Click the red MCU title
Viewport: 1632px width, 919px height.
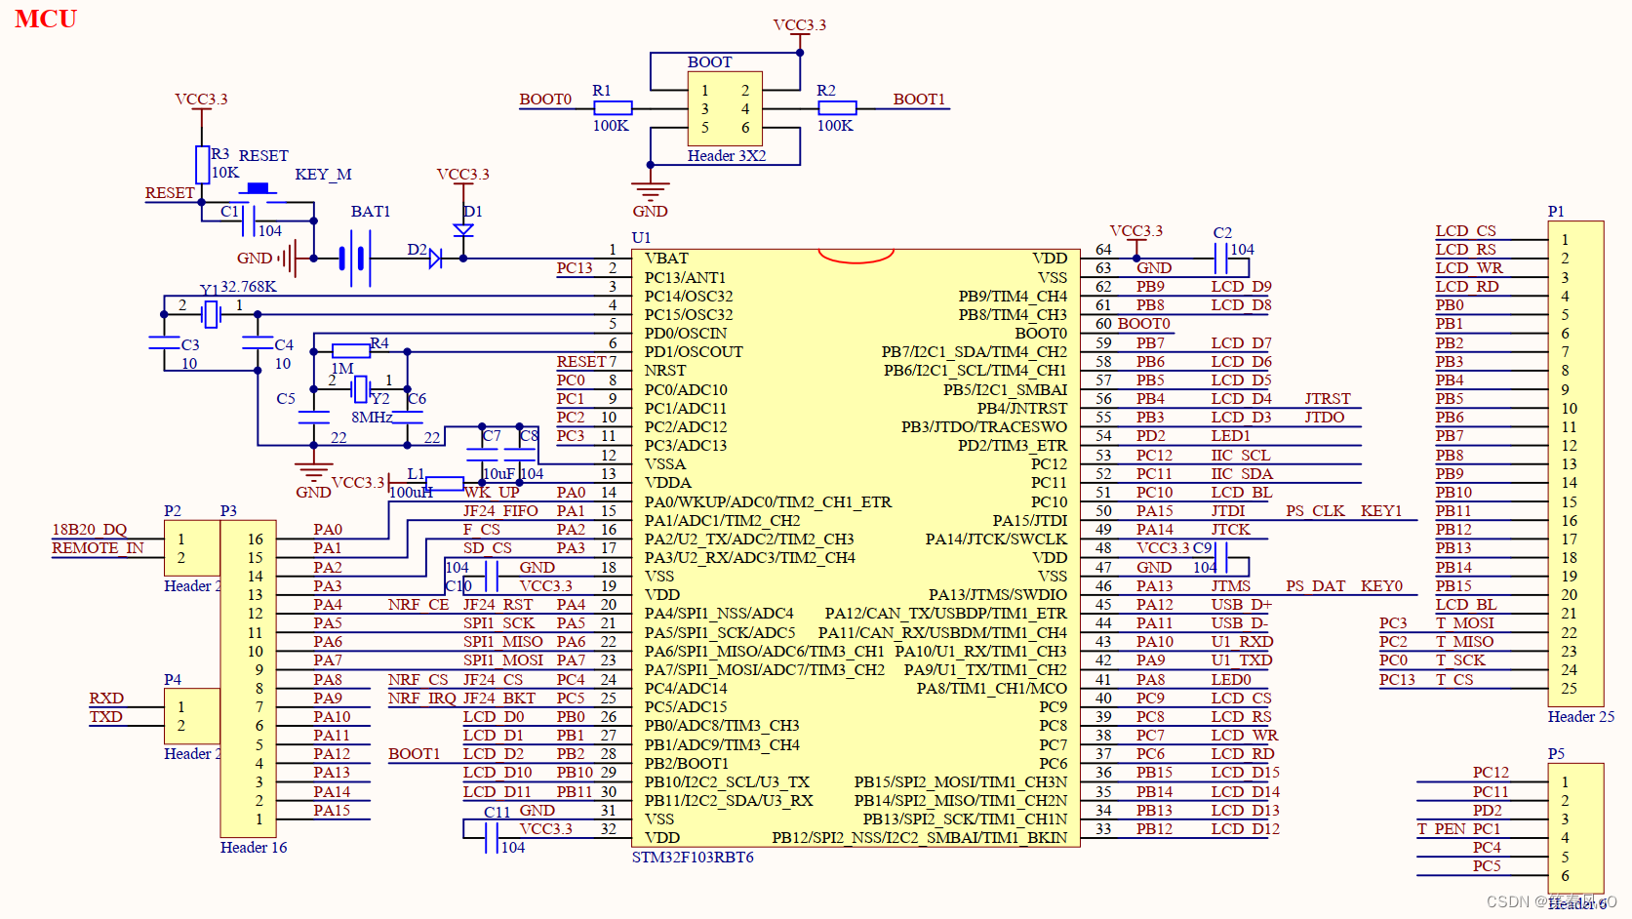click(x=45, y=19)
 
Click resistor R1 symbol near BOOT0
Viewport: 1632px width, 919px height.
click(x=612, y=108)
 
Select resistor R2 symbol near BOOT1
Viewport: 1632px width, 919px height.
click(x=836, y=108)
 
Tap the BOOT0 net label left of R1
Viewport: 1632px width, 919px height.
click(x=544, y=100)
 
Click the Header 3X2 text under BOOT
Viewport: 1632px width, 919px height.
click(x=726, y=156)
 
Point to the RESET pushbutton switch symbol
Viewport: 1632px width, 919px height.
click(x=258, y=189)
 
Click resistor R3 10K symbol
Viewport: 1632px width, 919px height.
click(x=202, y=164)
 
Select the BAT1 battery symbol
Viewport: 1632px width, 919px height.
click(x=355, y=259)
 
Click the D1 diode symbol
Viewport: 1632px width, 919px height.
click(x=463, y=230)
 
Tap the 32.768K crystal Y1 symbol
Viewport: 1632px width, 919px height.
click(x=211, y=314)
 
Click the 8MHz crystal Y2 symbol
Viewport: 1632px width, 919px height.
click(x=360, y=389)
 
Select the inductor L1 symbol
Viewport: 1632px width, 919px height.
click(x=444, y=483)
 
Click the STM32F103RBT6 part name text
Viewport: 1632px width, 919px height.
click(x=693, y=858)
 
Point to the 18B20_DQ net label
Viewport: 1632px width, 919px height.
click(x=89, y=530)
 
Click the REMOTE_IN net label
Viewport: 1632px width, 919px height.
click(x=98, y=548)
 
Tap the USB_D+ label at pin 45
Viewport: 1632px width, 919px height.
click(x=1241, y=605)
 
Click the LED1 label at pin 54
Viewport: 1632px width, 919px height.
click(x=1230, y=436)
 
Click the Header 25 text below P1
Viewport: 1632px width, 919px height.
click(x=1580, y=717)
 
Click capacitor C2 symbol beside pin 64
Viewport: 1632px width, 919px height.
click(x=1219, y=259)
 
